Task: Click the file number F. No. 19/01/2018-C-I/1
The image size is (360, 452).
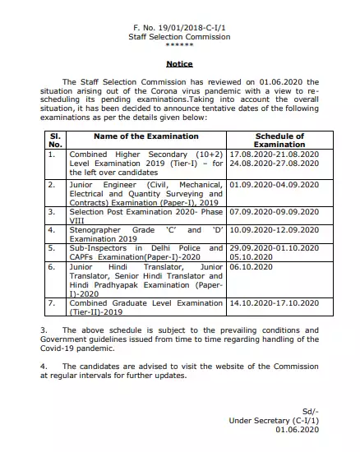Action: tap(180, 27)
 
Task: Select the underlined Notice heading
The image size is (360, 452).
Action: tap(179, 62)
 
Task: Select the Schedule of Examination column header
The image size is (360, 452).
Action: tap(279, 140)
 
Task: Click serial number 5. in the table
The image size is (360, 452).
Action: tap(52, 247)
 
